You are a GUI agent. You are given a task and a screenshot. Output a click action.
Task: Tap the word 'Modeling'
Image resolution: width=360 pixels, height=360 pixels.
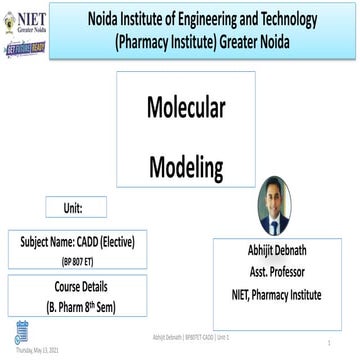point(186,165)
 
